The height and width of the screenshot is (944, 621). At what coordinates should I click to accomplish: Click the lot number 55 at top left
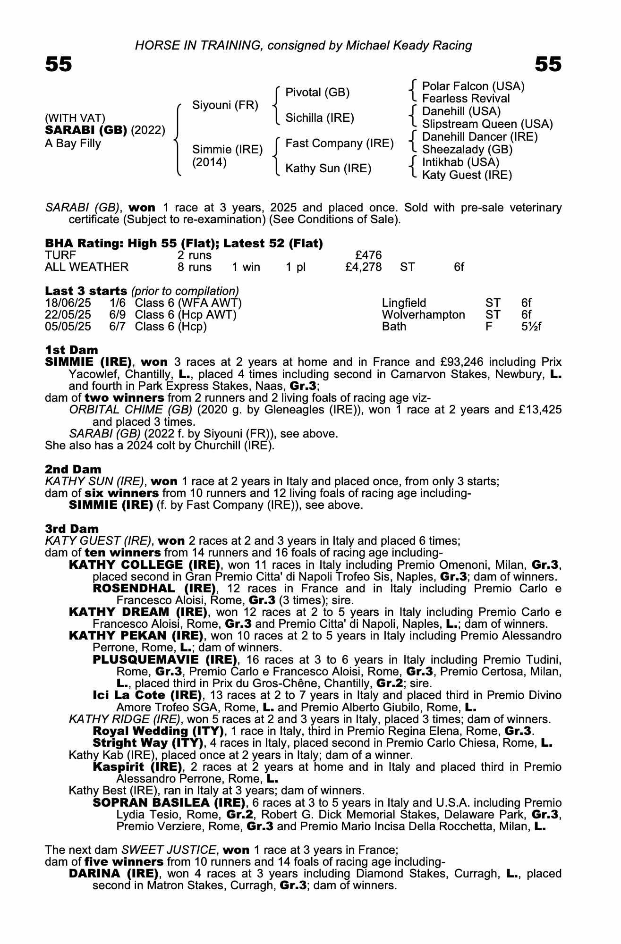pyautogui.click(x=59, y=64)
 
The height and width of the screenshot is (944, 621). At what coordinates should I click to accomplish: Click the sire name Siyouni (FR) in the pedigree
pyautogui.click(x=225, y=105)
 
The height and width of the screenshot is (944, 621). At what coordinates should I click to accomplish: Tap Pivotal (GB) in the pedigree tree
pyautogui.click(x=317, y=93)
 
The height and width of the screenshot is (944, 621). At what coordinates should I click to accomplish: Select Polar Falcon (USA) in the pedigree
pyautogui.click(x=473, y=86)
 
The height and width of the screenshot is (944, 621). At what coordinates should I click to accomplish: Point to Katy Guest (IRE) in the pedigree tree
pyautogui.click(x=467, y=175)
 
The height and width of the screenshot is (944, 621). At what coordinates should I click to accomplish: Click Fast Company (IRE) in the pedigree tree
pyautogui.click(x=340, y=143)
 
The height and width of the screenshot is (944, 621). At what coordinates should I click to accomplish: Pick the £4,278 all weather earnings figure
pyautogui.click(x=363, y=267)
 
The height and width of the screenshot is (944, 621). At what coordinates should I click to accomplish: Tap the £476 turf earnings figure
pyautogui.click(x=368, y=255)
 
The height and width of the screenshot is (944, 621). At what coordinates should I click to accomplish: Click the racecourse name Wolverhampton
pyautogui.click(x=423, y=315)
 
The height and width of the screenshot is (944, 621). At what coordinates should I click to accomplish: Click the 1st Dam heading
pyautogui.click(x=71, y=350)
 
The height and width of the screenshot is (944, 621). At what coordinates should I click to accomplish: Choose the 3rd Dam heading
pyautogui.click(x=72, y=529)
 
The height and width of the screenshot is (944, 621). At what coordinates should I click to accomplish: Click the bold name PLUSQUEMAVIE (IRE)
pyautogui.click(x=165, y=659)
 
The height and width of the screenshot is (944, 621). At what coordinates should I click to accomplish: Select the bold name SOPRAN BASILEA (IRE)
pyautogui.click(x=169, y=803)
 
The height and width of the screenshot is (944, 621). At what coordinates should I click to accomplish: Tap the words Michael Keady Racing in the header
pyautogui.click(x=408, y=45)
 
